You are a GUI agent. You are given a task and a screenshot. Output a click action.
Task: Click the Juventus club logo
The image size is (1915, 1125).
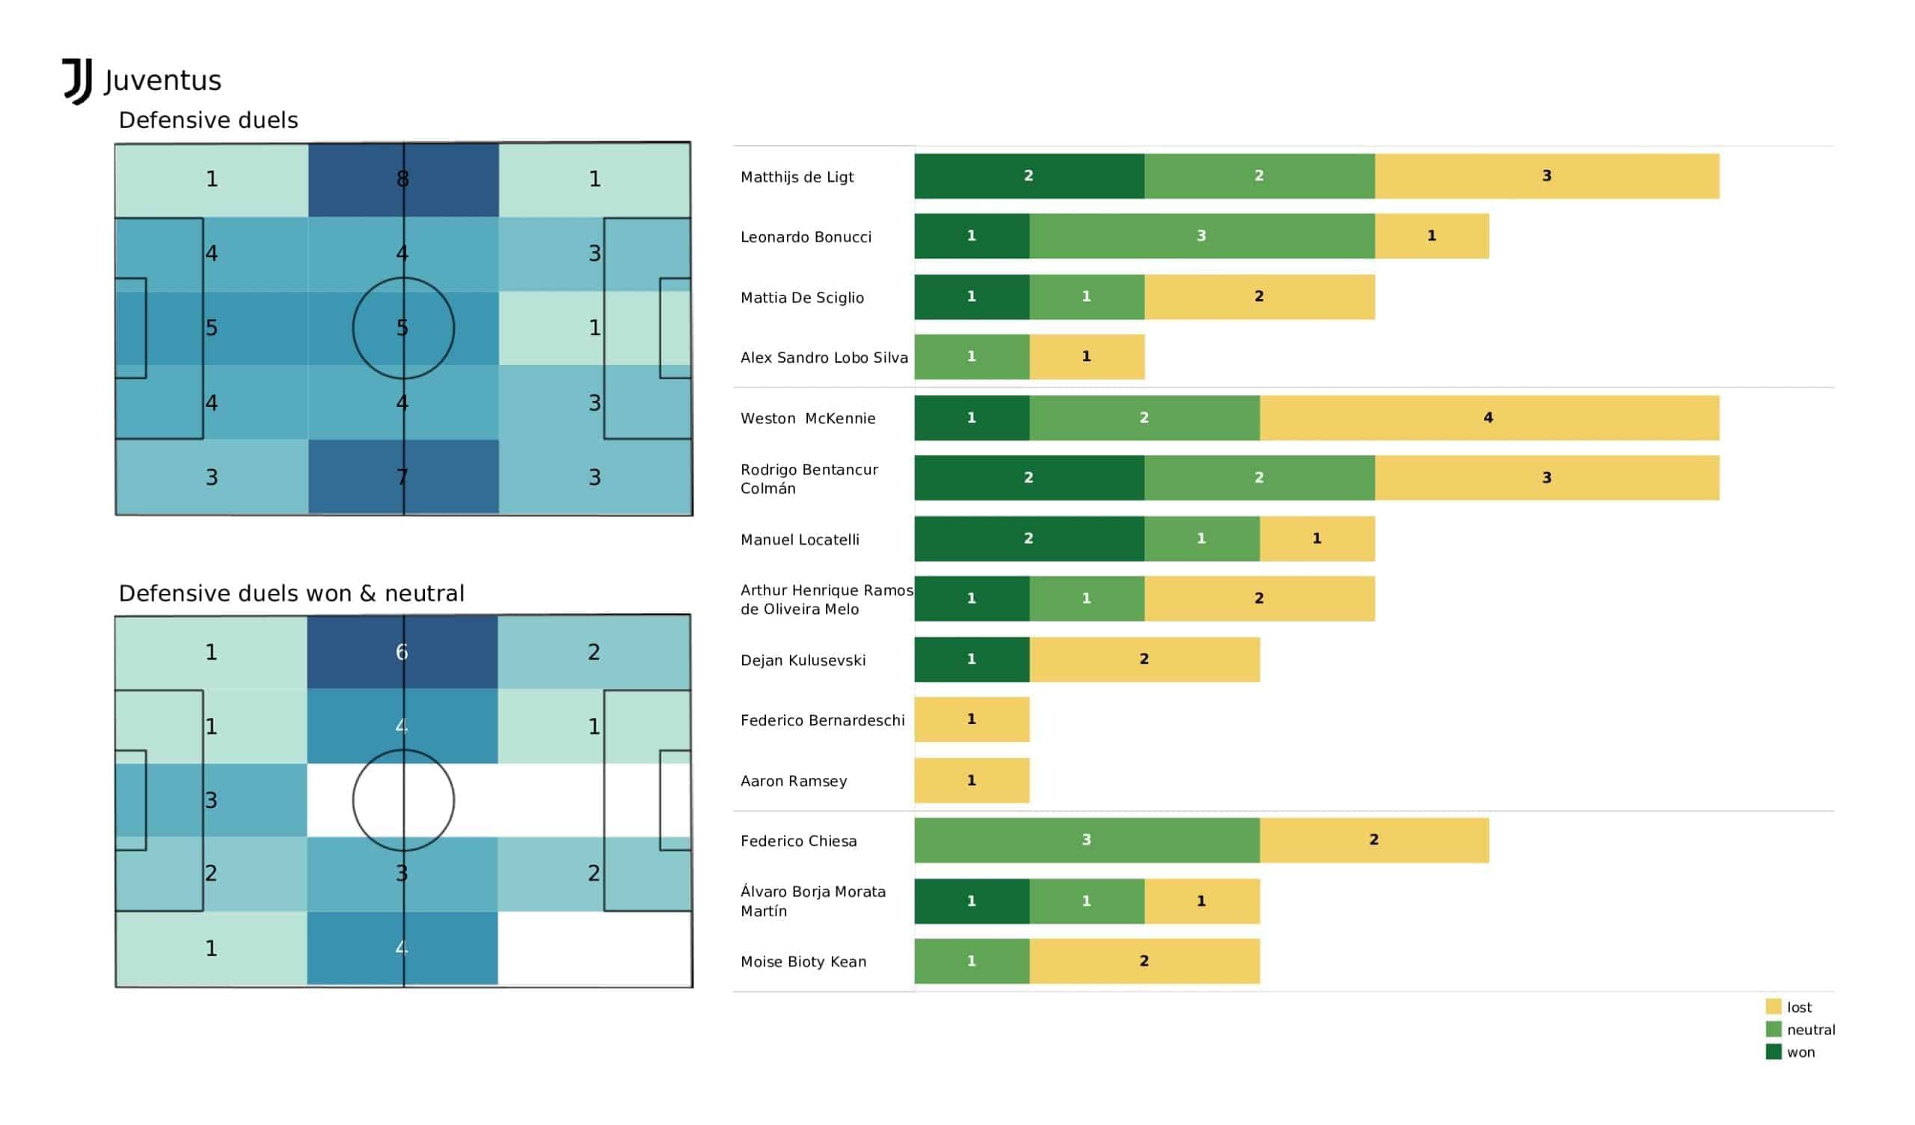[x=77, y=82]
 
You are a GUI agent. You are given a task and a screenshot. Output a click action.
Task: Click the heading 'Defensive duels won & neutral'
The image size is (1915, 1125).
[x=291, y=594]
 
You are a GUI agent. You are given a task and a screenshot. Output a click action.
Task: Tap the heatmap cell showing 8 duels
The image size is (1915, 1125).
[x=403, y=180]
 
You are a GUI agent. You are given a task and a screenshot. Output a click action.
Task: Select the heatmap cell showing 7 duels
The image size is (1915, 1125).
[x=403, y=477]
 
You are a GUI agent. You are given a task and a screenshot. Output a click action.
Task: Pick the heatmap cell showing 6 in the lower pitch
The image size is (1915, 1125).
[x=402, y=652]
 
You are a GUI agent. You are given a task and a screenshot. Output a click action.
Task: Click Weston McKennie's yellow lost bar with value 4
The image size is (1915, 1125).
[x=1489, y=418]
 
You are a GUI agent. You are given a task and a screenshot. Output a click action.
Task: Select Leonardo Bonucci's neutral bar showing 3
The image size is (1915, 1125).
[x=1201, y=236]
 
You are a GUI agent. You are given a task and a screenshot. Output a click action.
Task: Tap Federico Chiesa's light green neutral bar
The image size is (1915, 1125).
[x=1087, y=840]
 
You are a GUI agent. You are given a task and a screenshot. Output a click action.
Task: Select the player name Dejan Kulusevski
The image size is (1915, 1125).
[x=803, y=660]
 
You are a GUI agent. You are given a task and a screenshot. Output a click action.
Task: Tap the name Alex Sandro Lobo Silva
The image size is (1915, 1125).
[x=824, y=358]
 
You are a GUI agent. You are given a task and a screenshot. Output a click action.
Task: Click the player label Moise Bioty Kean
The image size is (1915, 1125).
[x=803, y=962]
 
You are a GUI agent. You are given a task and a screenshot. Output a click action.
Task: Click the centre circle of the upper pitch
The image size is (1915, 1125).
[x=403, y=328]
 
